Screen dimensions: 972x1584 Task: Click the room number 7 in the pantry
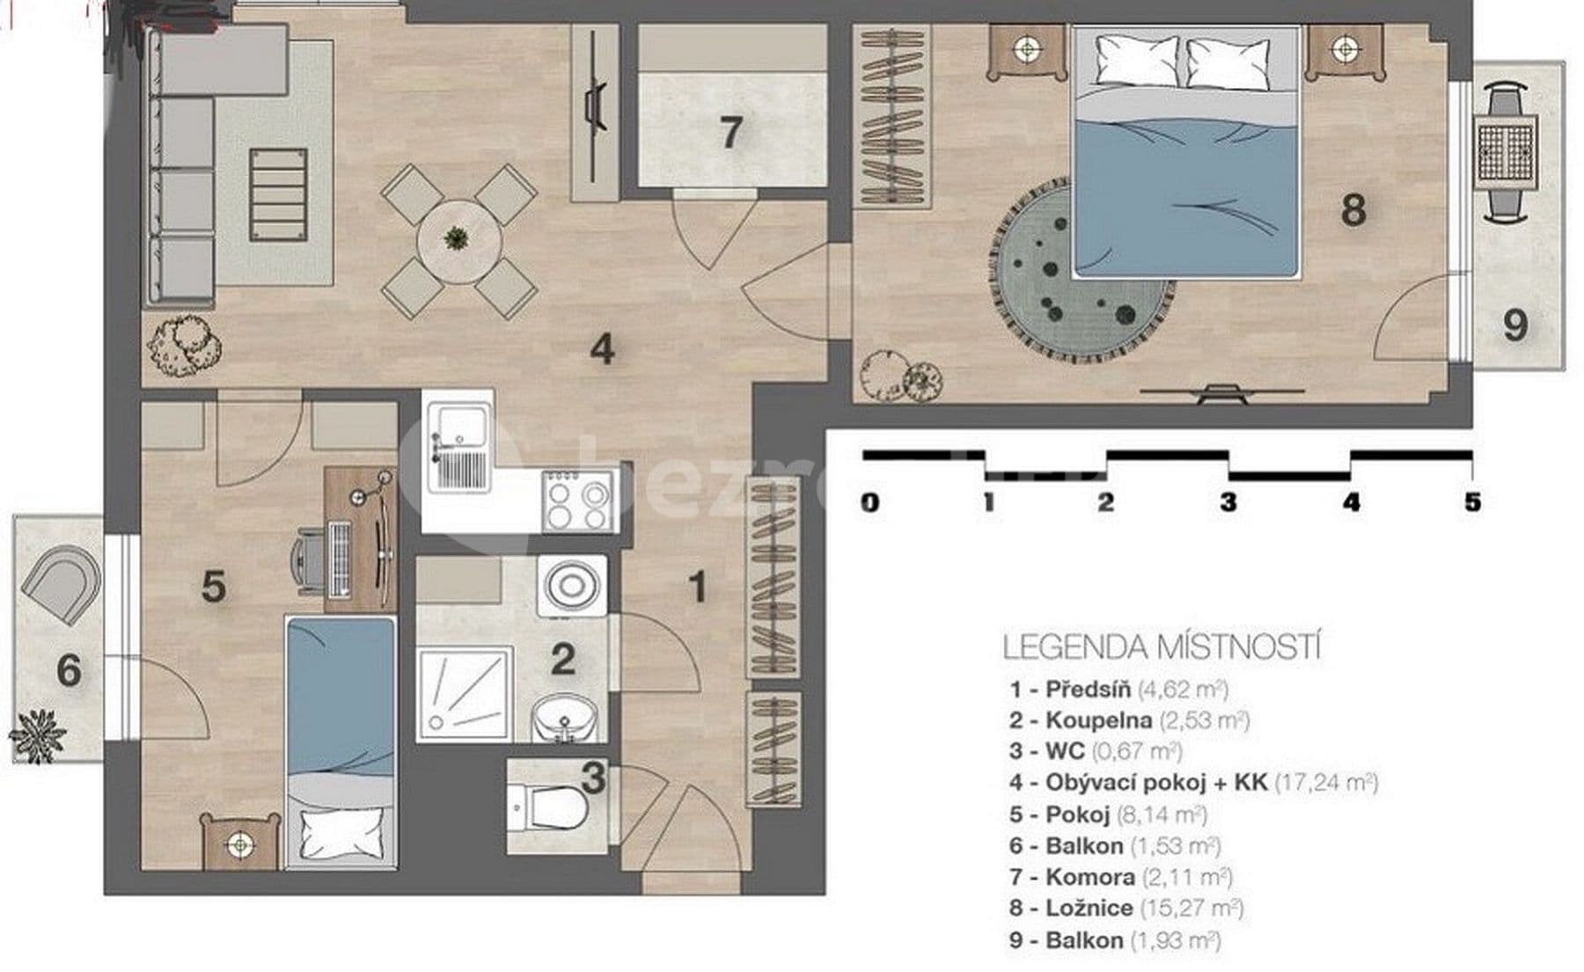click(x=730, y=133)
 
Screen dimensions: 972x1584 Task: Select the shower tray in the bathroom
click(x=464, y=695)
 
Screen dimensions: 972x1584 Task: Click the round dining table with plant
click(x=458, y=239)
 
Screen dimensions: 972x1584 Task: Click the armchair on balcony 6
click(x=60, y=583)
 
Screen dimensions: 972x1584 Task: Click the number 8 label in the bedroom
click(x=1353, y=209)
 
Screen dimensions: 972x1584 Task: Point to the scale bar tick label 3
click(x=1228, y=502)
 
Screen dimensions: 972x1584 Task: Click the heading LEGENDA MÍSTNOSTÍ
click(x=1162, y=647)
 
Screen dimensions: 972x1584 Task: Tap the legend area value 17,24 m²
click(x=1325, y=782)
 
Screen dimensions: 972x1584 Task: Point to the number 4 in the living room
click(x=601, y=349)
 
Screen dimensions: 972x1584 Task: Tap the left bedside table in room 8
click(x=1026, y=50)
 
